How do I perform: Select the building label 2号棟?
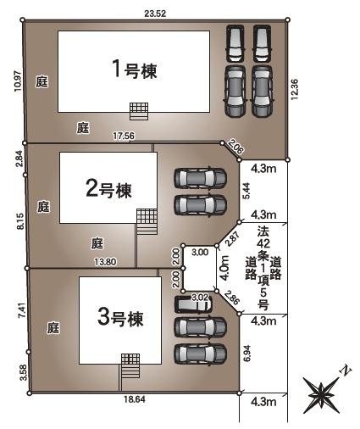click(108, 188)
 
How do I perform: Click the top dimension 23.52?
click(155, 13)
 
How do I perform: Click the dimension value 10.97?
click(18, 82)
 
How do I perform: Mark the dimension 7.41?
click(19, 310)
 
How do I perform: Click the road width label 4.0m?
click(224, 272)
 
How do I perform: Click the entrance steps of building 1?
click(138, 111)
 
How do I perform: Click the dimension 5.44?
click(246, 192)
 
